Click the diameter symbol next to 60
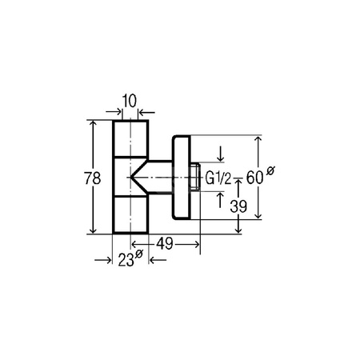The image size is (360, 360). [x=271, y=170]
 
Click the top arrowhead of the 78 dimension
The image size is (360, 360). [x=95, y=125]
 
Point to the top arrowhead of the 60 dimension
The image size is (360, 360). [x=258, y=140]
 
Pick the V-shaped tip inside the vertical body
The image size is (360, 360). [x=138, y=177]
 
